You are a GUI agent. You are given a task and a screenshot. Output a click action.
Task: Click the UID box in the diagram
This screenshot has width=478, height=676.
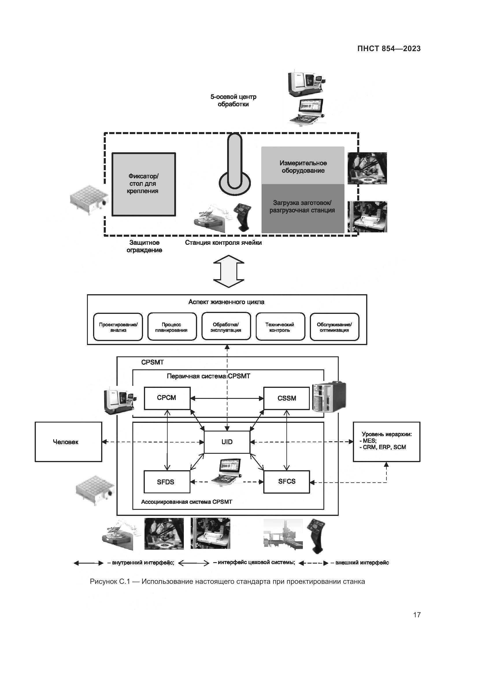[227, 442]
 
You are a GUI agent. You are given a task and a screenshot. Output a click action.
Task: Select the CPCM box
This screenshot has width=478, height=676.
[167, 398]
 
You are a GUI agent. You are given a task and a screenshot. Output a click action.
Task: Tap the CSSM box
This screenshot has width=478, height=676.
[286, 398]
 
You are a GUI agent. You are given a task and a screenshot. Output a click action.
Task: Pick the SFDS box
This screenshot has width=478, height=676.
[166, 482]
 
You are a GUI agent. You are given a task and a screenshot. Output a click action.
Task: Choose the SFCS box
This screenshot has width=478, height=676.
[286, 482]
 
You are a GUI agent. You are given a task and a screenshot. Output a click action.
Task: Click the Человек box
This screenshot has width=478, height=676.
[68, 442]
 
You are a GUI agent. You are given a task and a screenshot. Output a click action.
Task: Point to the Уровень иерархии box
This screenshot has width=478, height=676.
[386, 442]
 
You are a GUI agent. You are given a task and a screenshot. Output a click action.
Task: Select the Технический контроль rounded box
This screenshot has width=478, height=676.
[280, 327]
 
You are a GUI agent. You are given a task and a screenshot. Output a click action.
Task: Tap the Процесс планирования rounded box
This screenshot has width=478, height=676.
[172, 327]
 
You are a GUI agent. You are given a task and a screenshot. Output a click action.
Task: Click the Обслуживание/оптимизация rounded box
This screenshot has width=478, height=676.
[334, 327]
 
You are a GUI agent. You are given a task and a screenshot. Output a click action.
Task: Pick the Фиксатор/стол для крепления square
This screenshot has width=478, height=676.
[144, 184]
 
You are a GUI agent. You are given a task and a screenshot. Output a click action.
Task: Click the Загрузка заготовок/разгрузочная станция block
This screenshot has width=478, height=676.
[303, 208]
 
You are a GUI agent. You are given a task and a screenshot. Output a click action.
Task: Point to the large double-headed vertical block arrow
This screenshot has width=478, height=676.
[229, 271]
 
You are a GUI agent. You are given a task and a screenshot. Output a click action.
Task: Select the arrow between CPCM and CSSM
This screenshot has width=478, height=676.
[227, 398]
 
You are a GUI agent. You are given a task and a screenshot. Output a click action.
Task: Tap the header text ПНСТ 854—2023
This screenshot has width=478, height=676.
[389, 49]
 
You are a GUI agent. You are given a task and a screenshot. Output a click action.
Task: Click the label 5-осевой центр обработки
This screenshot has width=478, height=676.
[233, 100]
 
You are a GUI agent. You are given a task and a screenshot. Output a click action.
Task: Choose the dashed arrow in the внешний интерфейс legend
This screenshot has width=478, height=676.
[313, 563]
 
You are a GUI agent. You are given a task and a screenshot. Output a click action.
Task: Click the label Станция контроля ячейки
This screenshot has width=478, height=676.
[223, 242]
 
